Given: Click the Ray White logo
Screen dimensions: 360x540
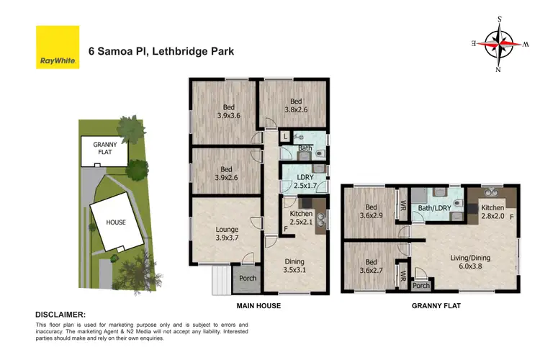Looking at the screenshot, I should point(58,48).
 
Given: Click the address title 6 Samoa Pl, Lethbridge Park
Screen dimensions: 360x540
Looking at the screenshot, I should point(161,51).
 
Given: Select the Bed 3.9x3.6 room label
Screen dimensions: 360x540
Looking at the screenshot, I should point(228,109).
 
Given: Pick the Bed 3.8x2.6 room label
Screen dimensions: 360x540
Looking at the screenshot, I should point(296,106).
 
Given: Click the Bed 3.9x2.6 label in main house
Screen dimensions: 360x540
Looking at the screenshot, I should point(228,170).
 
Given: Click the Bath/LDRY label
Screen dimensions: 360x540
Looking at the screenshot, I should point(435,209).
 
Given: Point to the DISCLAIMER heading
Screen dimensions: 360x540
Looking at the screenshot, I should point(61,315).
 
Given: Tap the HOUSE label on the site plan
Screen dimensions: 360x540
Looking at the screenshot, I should point(115,222).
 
